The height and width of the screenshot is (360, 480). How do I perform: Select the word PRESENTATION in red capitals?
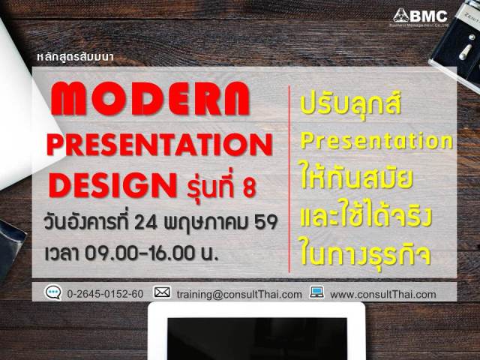(157, 145)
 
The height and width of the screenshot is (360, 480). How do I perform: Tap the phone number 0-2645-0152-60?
(105, 294)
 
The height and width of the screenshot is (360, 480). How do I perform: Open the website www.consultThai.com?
(382, 294)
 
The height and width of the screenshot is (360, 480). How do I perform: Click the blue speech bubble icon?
(53, 293)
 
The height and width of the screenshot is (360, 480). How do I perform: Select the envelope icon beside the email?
(162, 292)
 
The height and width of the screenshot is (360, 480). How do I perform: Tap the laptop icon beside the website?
(316, 292)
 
